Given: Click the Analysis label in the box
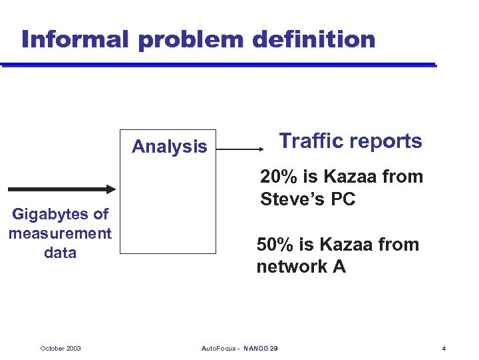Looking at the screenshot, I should coord(169,147).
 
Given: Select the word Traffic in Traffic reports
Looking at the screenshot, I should coord(311,141).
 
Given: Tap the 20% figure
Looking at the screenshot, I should coord(278,177).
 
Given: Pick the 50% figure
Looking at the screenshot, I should coord(275,245).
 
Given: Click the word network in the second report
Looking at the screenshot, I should coord(291,267).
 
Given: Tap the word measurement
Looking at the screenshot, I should coord(60,233).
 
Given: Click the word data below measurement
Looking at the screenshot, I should coord(60,253).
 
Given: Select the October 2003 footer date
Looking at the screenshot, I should coord(61,349).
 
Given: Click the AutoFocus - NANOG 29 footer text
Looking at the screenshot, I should coord(239,349).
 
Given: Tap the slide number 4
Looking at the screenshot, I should coord(443,349).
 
